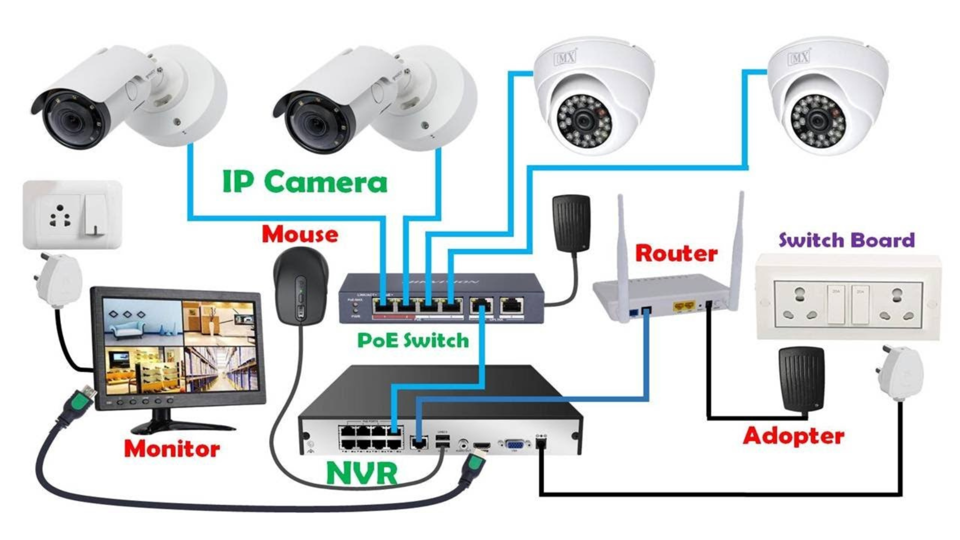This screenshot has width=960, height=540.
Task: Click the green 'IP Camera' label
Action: [304, 181]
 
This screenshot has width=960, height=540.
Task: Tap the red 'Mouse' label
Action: [300, 234]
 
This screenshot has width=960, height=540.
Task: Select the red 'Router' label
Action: [676, 253]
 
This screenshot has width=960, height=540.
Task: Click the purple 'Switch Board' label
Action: [846, 240]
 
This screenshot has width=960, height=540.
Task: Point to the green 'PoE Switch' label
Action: [413, 340]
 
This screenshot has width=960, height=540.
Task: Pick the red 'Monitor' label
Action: [171, 448]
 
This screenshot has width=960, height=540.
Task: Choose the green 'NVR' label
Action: [361, 473]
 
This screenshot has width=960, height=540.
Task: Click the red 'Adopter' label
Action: [793, 436]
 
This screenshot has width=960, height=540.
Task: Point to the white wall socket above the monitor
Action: [72, 214]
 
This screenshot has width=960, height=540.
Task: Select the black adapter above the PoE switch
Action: [571, 223]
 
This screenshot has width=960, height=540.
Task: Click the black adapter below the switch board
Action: [801, 379]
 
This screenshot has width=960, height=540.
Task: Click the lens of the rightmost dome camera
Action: [817, 121]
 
